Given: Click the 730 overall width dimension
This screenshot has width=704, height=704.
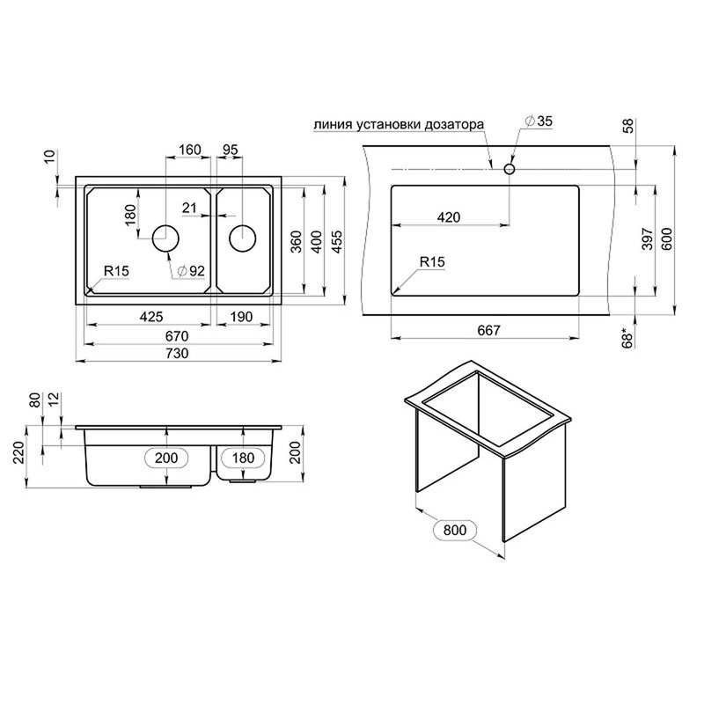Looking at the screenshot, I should coord(180,352).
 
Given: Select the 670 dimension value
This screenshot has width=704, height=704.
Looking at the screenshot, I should coord(179,335).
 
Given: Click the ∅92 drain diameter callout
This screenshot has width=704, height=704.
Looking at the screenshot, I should coord(190,271).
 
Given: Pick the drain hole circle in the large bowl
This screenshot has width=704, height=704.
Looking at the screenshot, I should coord(165,236).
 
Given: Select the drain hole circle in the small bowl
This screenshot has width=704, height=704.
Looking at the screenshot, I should coord(242,236).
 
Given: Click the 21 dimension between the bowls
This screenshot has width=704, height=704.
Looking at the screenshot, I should coord(188,207).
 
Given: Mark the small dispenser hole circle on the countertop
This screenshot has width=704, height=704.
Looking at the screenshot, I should coord(509,168).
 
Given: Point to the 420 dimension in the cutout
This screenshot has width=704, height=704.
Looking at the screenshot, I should coord(448,217).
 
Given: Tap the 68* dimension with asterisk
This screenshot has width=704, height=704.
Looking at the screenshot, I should coord(627,337).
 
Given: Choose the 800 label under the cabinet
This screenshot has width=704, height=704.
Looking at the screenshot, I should coord(454,530).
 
